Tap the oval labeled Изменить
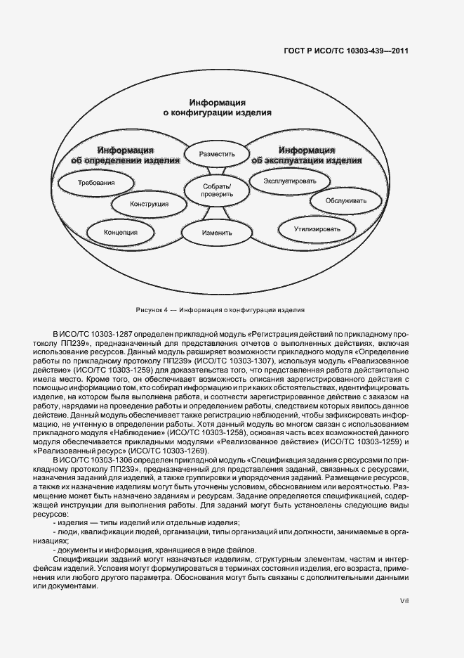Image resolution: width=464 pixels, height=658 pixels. tap(211, 231)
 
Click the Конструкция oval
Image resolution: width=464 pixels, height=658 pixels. tap(150, 205)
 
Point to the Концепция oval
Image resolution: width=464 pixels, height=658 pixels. tap(120, 231)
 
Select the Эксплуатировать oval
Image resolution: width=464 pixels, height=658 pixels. tap(285, 181)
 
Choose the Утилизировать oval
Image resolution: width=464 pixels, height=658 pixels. tap(317, 229)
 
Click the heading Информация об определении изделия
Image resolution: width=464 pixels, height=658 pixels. tap(126, 154)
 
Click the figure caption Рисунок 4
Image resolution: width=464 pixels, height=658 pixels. tap(220, 309)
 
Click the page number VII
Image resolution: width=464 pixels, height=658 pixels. tap(404, 600)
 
